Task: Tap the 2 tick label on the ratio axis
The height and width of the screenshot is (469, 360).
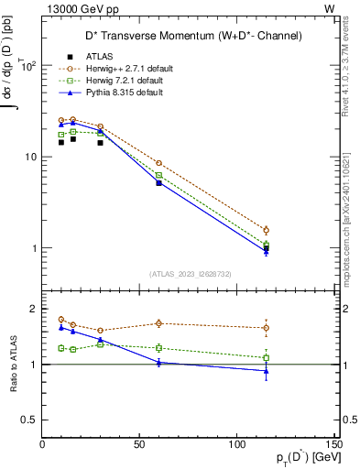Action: pos(34,309)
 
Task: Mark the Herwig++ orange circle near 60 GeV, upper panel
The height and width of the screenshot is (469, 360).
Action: pos(159,137)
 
